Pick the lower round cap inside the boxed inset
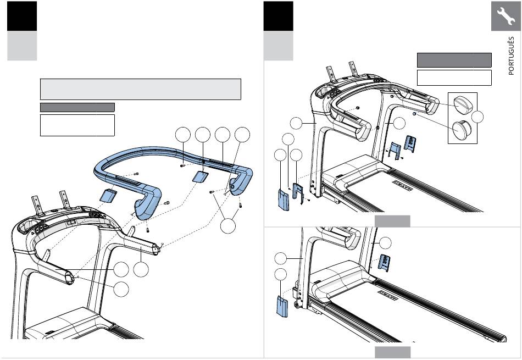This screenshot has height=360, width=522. pos(460,131)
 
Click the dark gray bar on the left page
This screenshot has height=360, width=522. pos(77,107)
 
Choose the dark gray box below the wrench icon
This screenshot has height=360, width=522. pos(454,60)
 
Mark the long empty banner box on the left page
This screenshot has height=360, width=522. pos(140,89)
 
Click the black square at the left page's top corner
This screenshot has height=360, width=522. pos(23,16)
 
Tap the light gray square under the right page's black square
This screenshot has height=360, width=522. pos(279,46)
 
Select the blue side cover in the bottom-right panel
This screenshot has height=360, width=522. pos(282,306)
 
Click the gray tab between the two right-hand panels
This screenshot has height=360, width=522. pos(392,221)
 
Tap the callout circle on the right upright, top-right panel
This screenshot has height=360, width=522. pos(399,124)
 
